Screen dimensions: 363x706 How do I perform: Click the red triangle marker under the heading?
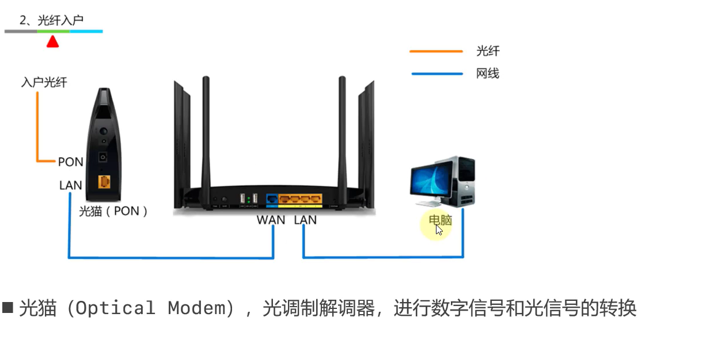click(52, 41)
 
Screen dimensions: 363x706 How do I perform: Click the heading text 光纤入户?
click(60, 20)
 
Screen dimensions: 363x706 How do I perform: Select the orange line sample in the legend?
click(436, 51)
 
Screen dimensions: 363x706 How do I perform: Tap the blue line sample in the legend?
click(436, 74)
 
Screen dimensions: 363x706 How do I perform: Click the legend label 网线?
click(487, 74)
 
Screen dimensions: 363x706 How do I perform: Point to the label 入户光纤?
click(44, 82)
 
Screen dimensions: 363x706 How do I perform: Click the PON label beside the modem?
click(70, 162)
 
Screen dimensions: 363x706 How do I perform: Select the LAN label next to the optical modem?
click(70, 186)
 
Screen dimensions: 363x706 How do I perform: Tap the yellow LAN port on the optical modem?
click(104, 181)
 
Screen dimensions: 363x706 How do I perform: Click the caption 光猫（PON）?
click(113, 211)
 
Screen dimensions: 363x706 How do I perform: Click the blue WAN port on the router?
click(271, 200)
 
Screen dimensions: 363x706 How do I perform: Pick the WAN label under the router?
click(271, 220)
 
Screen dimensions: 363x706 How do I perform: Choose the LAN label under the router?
click(305, 220)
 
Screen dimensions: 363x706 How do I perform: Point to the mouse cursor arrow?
click(439, 230)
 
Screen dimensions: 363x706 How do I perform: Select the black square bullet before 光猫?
click(8, 307)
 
